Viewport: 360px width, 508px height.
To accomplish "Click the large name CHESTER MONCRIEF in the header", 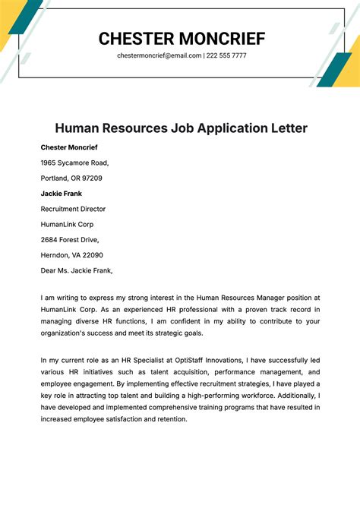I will (x=182, y=38).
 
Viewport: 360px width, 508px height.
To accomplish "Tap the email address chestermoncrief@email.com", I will (x=159, y=55).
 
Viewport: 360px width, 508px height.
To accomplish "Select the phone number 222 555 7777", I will (x=226, y=55).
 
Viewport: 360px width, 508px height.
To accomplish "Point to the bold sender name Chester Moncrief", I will (x=69, y=147).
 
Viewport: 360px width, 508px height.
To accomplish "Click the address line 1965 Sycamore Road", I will (x=75, y=162).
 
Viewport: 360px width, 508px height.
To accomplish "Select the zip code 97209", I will (x=91, y=178).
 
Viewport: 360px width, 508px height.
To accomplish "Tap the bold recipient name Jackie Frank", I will (x=62, y=193).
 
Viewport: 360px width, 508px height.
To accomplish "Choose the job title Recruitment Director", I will (x=73, y=209).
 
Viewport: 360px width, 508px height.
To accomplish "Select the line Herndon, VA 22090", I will (x=72, y=255).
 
